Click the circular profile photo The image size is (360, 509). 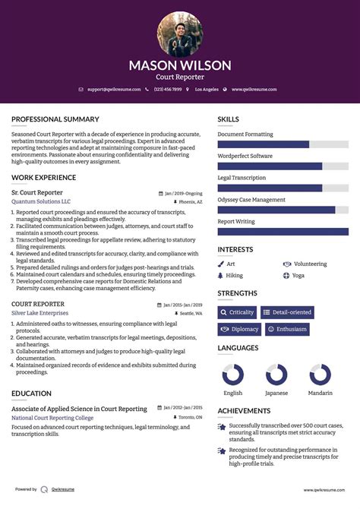[x=180, y=33]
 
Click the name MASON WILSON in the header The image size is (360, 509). [x=180, y=65]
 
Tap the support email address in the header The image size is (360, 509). [x=113, y=90]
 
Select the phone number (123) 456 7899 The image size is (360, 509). [x=168, y=90]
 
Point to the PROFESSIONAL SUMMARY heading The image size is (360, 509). [x=55, y=119]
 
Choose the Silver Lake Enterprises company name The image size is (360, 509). [x=39, y=313]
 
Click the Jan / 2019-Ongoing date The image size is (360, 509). [x=183, y=193]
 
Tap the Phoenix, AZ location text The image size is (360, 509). [x=189, y=203]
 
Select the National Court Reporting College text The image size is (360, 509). [x=52, y=418]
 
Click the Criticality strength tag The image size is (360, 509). [x=237, y=312]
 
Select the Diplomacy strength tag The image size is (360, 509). [x=239, y=329]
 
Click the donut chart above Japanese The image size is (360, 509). [x=276, y=375]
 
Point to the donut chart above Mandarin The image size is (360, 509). [x=320, y=375]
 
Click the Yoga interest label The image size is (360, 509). [x=298, y=275]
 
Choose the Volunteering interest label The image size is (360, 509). [x=309, y=264]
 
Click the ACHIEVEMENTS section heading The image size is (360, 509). [x=245, y=411]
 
